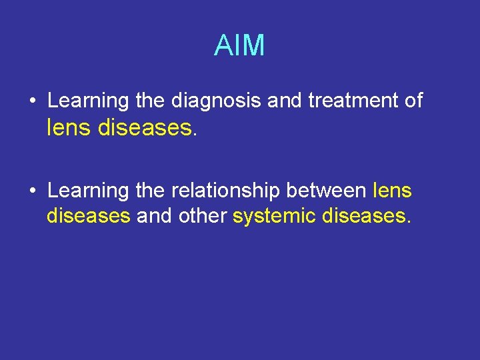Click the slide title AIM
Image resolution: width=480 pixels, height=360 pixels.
click(239, 46)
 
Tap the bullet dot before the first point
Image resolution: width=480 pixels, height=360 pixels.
click(32, 101)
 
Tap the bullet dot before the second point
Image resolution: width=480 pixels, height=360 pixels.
click(32, 191)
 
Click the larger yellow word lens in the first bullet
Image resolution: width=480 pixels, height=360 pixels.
click(69, 127)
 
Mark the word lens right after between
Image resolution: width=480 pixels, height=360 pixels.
click(393, 191)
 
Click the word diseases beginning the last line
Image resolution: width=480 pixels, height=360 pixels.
click(88, 215)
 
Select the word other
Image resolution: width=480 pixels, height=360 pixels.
click(204, 215)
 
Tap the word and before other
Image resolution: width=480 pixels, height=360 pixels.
click(155, 215)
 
